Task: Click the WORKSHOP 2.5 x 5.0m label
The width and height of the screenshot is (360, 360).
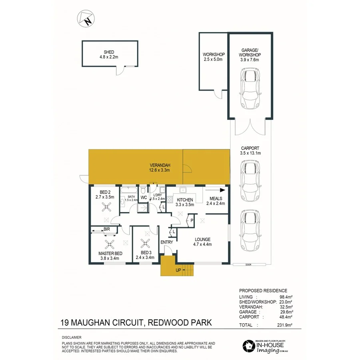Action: click(x=214, y=57)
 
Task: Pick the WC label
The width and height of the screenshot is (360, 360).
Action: click(x=143, y=197)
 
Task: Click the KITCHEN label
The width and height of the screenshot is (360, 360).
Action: click(x=185, y=200)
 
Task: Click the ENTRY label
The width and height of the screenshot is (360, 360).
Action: click(x=167, y=242)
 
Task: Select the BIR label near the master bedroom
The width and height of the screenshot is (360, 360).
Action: click(x=107, y=229)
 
